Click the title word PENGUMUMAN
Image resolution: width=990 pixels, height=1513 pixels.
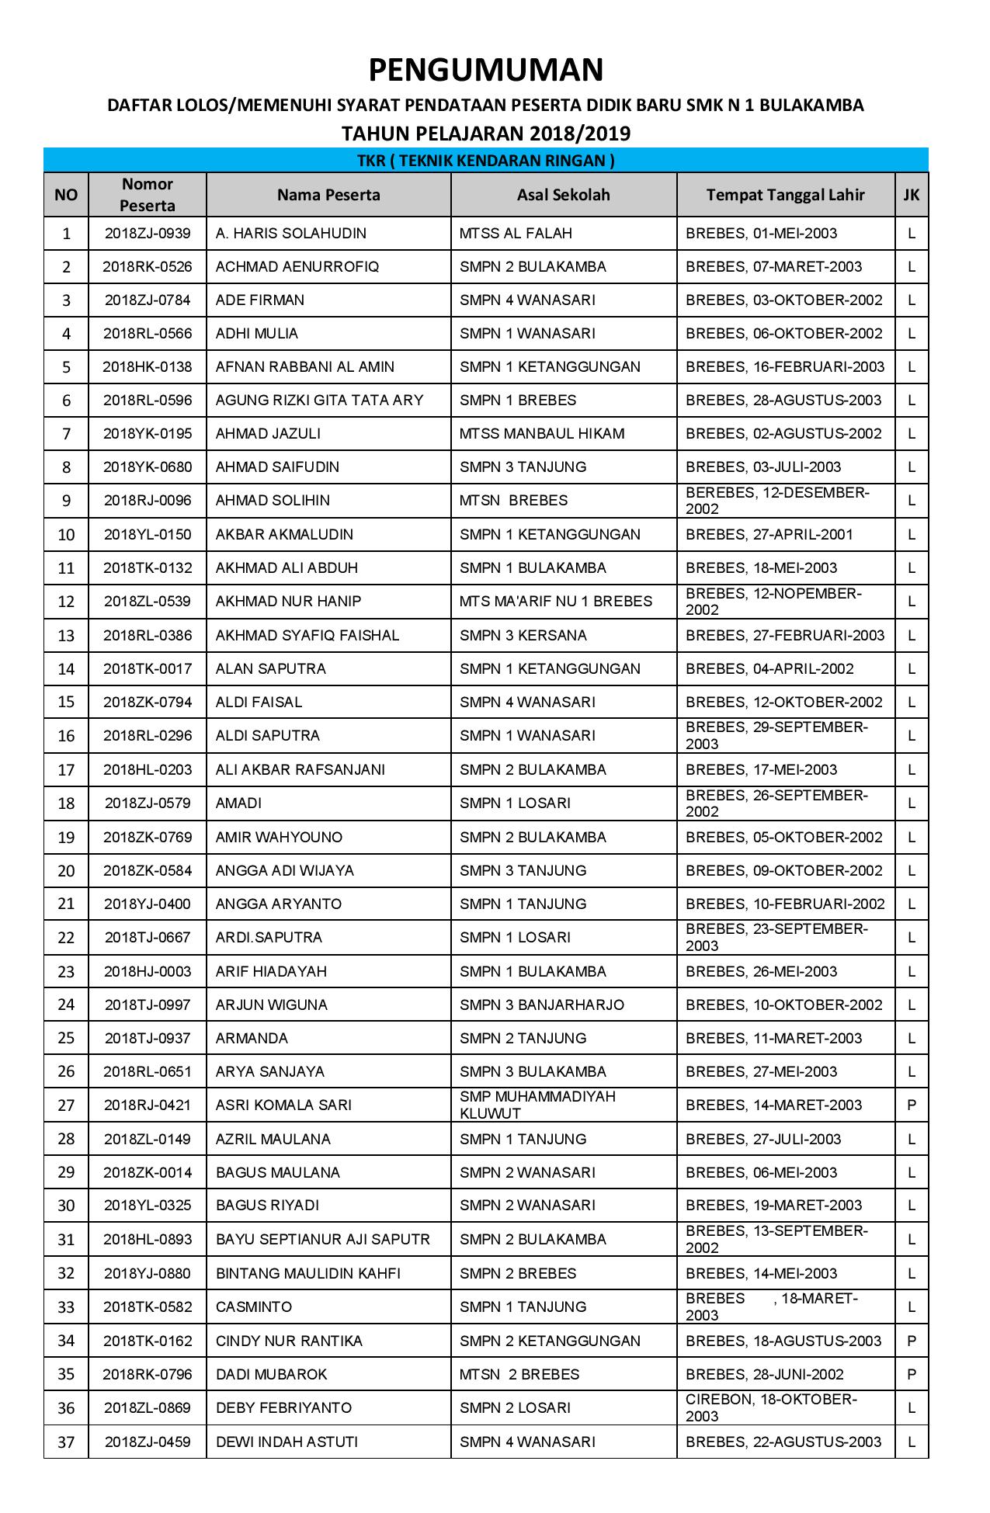click(x=485, y=71)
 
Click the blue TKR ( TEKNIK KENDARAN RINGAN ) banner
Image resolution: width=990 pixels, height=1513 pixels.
click(x=485, y=161)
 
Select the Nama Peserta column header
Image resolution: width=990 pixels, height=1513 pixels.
click(x=328, y=195)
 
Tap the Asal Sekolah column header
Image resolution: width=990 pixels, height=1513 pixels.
click(x=563, y=195)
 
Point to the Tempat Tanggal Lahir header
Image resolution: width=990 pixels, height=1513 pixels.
click(x=785, y=195)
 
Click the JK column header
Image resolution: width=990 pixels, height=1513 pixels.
click(x=911, y=195)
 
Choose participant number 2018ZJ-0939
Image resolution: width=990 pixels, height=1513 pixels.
click(x=148, y=234)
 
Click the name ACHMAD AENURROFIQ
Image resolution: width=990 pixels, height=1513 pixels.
click(x=297, y=267)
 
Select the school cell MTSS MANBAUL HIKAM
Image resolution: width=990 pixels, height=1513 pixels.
click(x=542, y=434)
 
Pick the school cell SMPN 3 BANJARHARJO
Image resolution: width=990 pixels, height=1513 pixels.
click(x=542, y=1005)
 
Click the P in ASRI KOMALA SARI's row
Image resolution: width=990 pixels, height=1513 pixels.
click(x=912, y=1105)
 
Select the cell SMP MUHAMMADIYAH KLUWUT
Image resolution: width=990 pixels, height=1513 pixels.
click(x=537, y=1105)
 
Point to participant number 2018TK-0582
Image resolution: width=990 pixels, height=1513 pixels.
click(x=148, y=1307)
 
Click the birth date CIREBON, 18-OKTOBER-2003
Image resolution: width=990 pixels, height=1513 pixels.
click(x=771, y=1408)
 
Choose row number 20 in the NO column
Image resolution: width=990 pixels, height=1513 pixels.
click(x=66, y=871)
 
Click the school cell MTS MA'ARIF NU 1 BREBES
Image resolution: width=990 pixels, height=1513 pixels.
click(x=556, y=602)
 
